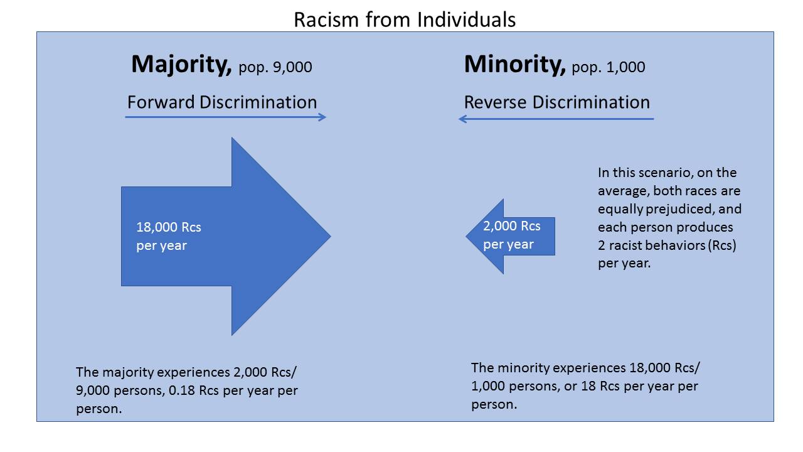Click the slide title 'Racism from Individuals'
pos(405,19)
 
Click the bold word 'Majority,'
pos(181,65)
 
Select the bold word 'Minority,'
pos(514,65)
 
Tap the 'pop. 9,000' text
pos(275,67)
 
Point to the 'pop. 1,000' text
pos(608,67)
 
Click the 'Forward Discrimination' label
pos(222,102)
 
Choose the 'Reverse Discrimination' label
pos(556,102)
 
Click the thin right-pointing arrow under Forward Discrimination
pos(226,117)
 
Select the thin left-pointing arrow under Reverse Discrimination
pos(556,119)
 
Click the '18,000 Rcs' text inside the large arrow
pos(169,227)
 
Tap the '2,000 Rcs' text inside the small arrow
pos(511,226)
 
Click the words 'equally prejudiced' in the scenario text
pos(669,208)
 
